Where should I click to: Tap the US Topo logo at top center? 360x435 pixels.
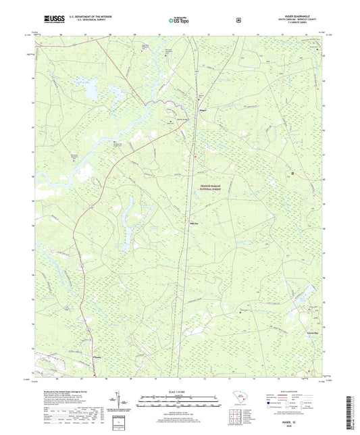click(180, 20)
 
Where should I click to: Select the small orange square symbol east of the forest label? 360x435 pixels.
click(292, 173)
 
